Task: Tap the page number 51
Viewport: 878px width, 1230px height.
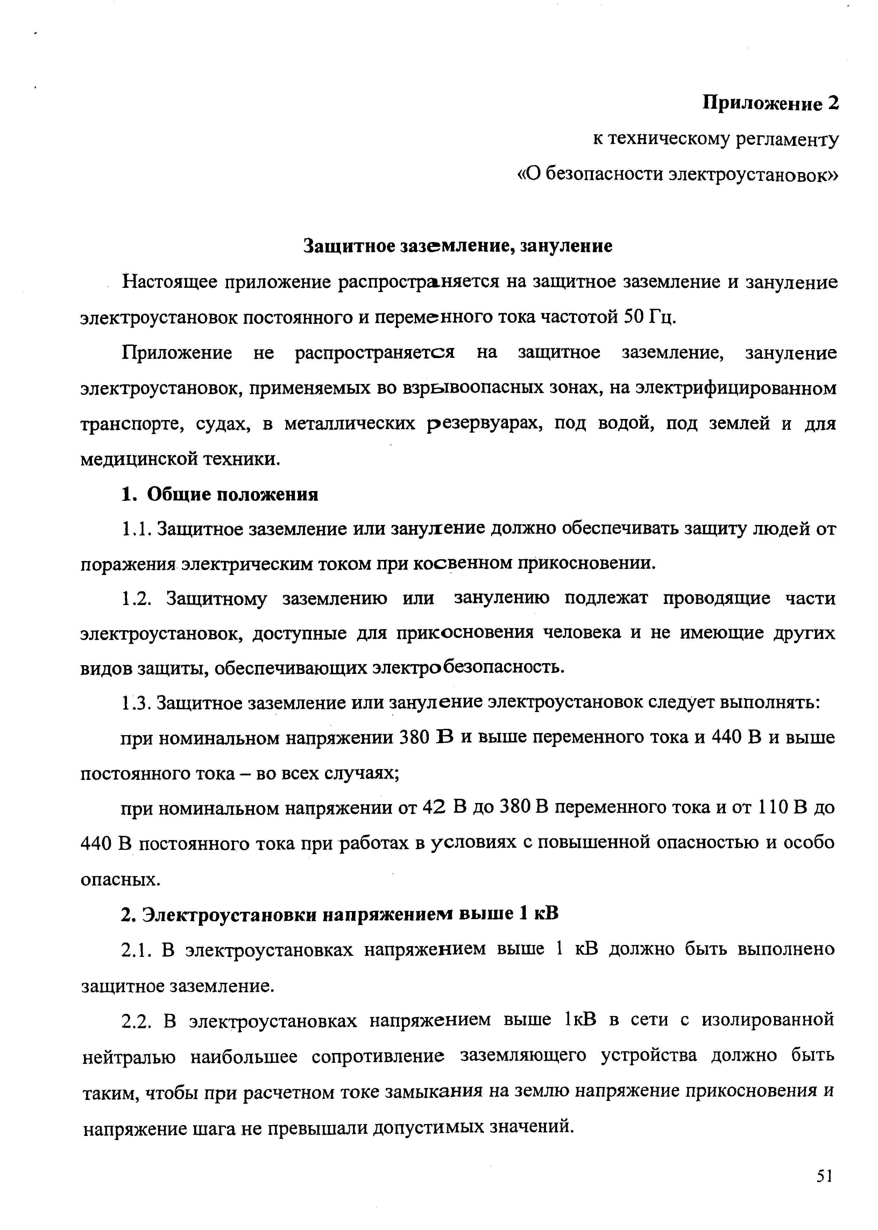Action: click(x=824, y=1176)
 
